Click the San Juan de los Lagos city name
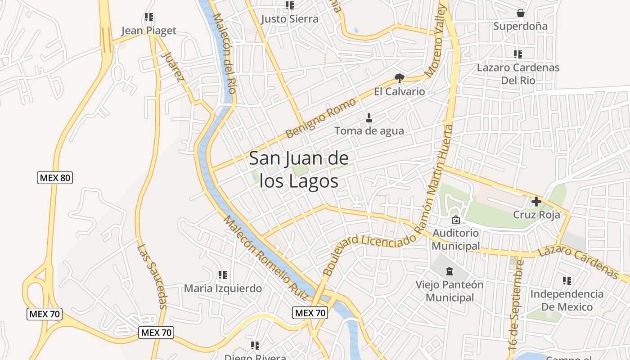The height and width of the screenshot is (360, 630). (298, 170)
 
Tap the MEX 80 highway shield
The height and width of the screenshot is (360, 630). (54, 178)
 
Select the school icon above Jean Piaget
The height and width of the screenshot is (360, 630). (149, 18)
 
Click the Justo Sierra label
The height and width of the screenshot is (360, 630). (290, 19)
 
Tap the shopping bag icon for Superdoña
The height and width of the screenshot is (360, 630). (521, 13)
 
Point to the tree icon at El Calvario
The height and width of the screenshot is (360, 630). (399, 78)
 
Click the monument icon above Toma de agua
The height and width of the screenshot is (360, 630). (369, 118)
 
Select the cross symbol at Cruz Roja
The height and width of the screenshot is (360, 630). (536, 201)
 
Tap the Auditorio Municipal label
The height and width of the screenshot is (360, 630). (455, 240)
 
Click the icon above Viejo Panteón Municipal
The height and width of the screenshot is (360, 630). (449, 271)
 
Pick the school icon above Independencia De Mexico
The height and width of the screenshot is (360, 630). (567, 281)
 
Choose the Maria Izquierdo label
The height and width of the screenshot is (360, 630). (223, 288)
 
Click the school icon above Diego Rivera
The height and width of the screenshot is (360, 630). (255, 346)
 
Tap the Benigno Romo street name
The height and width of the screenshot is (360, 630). (320, 118)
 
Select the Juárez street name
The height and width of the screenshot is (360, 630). (172, 67)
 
